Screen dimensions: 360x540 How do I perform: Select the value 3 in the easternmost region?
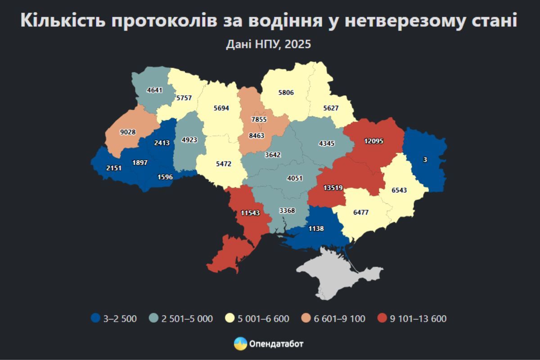coord(425,159)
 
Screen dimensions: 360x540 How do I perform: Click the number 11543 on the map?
coord(250,213)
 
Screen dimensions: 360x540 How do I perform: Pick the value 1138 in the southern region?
coord(316,229)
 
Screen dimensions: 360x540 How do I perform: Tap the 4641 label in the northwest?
coord(154,90)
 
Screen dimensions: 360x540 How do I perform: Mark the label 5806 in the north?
coord(286,93)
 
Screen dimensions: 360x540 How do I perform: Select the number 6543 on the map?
coord(399,190)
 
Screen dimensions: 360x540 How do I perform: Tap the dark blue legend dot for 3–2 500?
coord(95,319)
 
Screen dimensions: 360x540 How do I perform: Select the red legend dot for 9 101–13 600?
coord(382,319)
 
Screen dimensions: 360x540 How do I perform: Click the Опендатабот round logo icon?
coord(240,344)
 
